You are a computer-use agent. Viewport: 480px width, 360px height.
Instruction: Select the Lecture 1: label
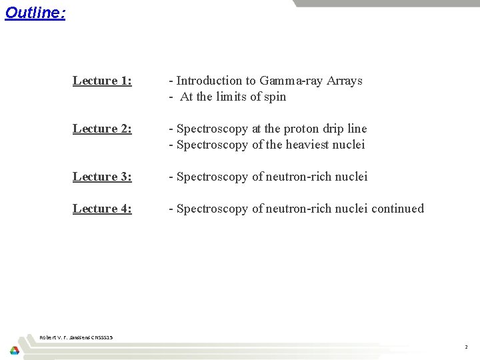tap(102, 81)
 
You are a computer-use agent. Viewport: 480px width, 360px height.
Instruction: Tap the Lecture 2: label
tap(102, 129)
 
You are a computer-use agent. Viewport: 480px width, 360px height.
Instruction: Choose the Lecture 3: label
tap(102, 177)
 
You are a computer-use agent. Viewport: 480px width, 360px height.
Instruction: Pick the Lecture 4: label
tap(102, 209)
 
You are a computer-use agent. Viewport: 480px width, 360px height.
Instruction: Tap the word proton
tap(304, 129)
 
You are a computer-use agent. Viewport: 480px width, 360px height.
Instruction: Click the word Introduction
tap(209, 81)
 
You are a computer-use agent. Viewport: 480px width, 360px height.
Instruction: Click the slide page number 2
tap(466, 347)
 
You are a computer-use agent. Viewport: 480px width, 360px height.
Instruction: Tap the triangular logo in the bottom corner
tap(14, 350)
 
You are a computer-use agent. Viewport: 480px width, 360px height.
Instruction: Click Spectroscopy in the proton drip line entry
tap(212, 129)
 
